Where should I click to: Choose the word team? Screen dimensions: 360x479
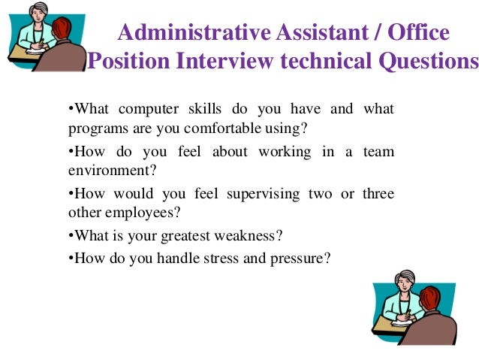[x=378, y=152]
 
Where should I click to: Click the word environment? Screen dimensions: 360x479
[x=103, y=171]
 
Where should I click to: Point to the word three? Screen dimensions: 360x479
[x=378, y=194]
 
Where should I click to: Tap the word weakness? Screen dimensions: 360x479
[x=249, y=235]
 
